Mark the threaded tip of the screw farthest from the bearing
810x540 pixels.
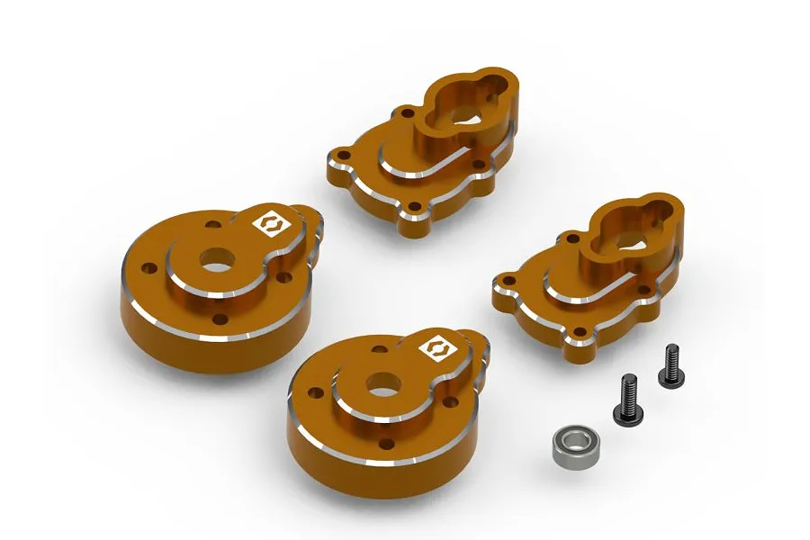[670, 350]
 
